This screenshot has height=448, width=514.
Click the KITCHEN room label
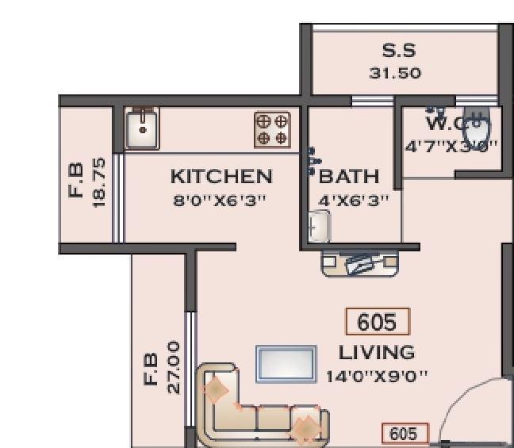(221, 175)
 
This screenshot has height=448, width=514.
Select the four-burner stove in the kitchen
(272, 129)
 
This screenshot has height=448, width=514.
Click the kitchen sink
(143, 128)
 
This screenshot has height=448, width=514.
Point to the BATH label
(349, 176)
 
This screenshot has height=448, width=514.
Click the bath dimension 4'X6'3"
(354, 201)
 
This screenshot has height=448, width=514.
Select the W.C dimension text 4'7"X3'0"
(450, 146)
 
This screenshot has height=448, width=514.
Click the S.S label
(399, 51)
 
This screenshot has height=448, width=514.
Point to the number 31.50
(394, 73)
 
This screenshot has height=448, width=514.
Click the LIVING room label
(376, 351)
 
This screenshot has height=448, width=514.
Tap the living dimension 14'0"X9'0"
(377, 375)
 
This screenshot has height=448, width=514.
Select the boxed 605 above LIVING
(377, 323)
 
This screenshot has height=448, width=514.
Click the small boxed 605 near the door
(405, 434)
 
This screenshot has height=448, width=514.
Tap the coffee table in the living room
(286, 364)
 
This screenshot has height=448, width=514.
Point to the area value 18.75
(99, 182)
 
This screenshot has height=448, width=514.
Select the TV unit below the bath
(359, 263)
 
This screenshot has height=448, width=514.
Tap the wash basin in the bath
(318, 228)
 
